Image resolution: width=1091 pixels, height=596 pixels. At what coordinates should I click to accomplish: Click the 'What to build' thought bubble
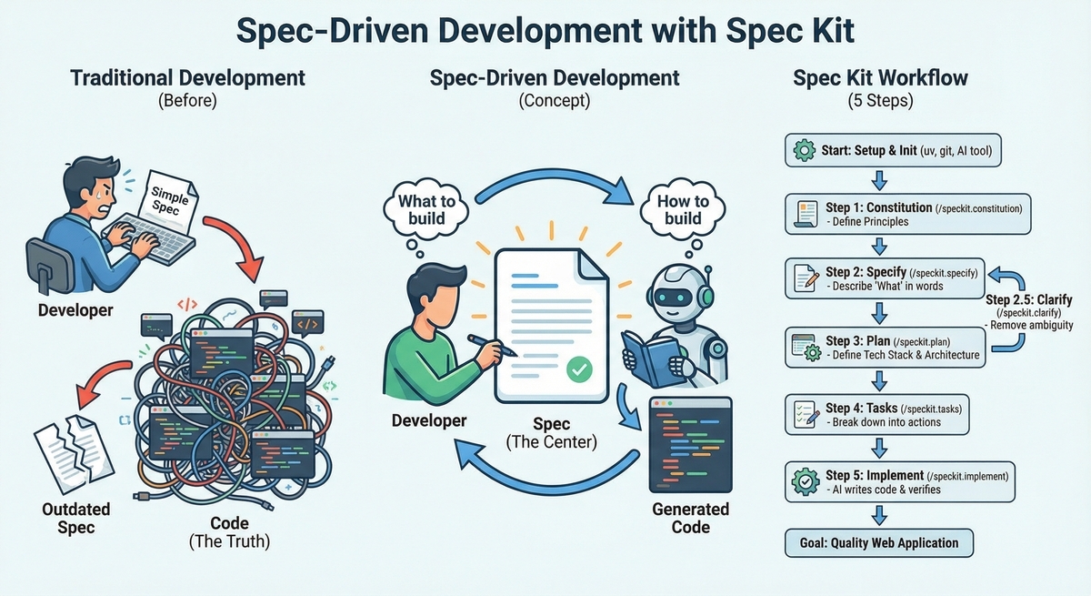420,208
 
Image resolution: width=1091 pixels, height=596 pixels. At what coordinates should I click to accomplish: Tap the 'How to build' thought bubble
683,208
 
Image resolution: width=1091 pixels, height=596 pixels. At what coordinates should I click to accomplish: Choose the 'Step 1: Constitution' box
908,215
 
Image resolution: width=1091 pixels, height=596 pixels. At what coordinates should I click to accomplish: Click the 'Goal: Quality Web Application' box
878,543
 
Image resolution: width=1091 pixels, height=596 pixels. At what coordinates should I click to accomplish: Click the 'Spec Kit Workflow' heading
880,78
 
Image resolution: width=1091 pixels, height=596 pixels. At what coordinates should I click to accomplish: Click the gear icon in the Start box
804,151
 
